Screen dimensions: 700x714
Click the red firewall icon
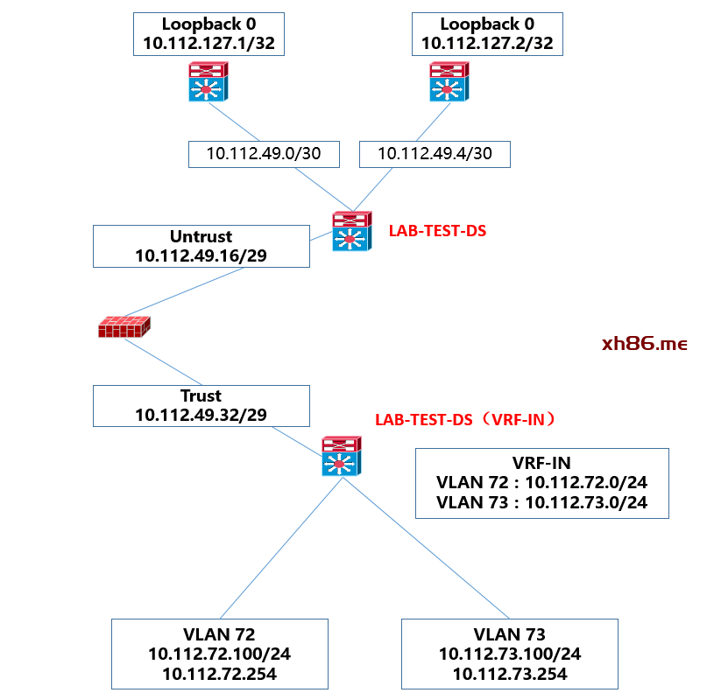point(124,327)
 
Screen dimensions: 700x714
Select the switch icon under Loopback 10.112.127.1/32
point(208,81)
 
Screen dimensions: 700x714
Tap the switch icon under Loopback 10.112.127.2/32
point(448,81)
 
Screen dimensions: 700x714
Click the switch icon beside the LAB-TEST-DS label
point(351,232)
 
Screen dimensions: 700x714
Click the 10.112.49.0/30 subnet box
point(263,154)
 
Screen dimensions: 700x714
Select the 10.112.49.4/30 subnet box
point(435,154)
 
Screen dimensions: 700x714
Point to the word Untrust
point(201,236)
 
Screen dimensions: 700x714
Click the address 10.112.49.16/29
point(201,255)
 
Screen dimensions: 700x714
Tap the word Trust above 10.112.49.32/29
point(201,395)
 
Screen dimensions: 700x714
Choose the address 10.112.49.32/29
point(201,415)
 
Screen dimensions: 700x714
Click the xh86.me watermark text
point(644,344)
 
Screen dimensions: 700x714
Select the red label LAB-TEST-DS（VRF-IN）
point(465,420)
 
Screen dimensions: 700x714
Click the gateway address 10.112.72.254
point(220,674)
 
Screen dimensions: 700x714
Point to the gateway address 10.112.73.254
point(510,674)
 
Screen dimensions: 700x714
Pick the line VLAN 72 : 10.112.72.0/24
point(541,483)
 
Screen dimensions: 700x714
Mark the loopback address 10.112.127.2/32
point(487,43)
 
